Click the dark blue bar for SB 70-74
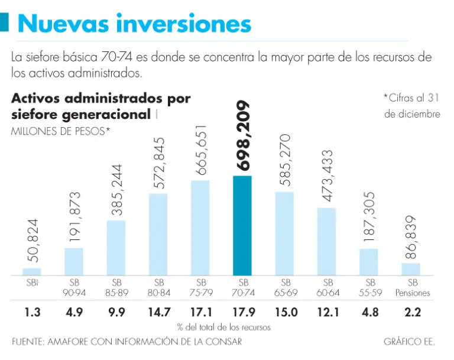(x=242, y=225)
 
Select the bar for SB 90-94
(x=74, y=261)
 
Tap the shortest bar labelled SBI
(x=32, y=272)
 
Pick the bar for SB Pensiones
(x=411, y=269)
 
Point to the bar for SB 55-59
(x=368, y=262)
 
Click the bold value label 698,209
(x=243, y=135)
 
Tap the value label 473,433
(x=327, y=176)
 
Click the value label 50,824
(x=33, y=241)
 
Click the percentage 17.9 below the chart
(x=242, y=312)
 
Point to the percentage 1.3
(x=32, y=312)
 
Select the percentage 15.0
(x=284, y=312)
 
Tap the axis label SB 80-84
(x=158, y=288)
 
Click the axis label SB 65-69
(x=285, y=288)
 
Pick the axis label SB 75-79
(x=200, y=288)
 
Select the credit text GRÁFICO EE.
(x=409, y=342)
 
